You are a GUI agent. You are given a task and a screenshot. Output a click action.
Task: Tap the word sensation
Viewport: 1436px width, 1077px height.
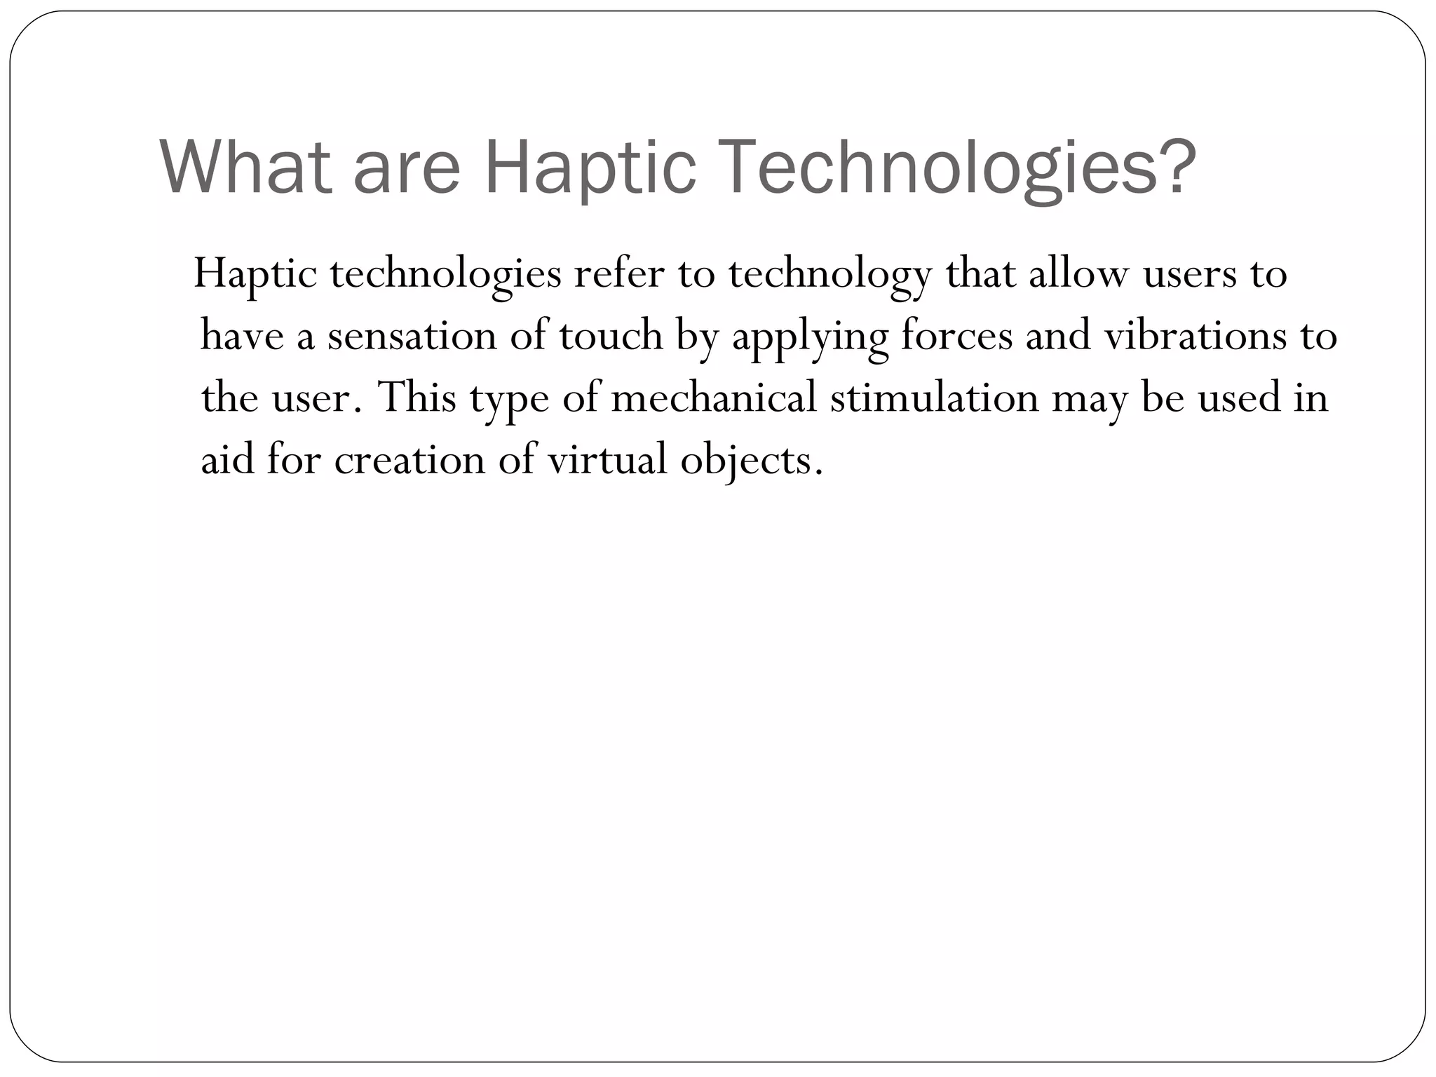(412, 335)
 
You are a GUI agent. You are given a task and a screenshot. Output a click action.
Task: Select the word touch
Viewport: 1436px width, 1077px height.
(611, 335)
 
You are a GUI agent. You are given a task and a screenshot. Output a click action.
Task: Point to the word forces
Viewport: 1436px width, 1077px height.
(956, 335)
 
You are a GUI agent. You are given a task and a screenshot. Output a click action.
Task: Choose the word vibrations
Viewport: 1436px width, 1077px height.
(1195, 335)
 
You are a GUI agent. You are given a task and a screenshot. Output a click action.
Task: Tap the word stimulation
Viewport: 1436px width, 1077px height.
(934, 397)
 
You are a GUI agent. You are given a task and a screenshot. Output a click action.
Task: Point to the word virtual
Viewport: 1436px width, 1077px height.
(607, 460)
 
